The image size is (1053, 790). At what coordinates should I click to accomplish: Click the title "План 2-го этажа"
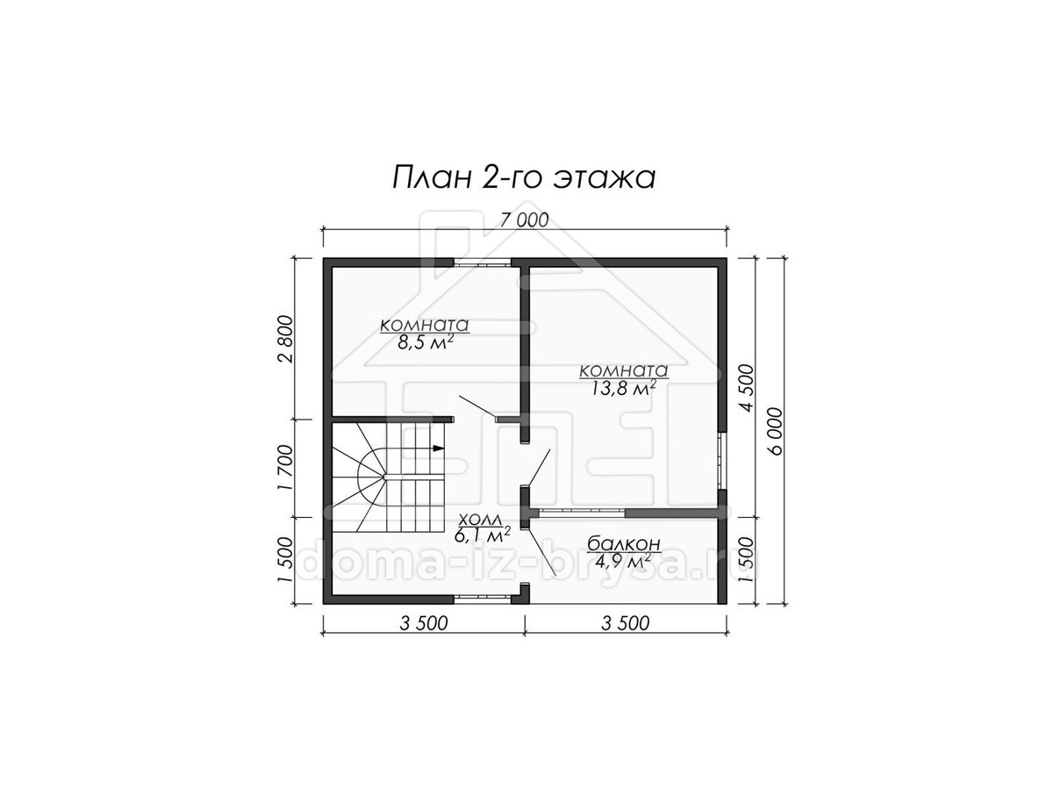(523, 178)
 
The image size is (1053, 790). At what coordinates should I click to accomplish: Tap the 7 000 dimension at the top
(524, 220)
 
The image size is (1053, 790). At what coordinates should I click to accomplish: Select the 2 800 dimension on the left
(285, 339)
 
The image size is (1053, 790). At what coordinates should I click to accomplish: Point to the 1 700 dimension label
(285, 468)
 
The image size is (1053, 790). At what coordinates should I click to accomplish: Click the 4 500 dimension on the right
(747, 388)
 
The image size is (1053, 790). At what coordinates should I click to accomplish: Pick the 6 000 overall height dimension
(775, 431)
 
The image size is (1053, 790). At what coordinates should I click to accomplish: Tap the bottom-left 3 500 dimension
(424, 623)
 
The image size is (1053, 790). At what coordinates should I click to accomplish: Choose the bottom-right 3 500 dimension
(625, 623)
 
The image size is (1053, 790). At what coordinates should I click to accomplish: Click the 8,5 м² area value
(425, 342)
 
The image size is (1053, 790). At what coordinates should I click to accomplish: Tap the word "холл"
(480, 519)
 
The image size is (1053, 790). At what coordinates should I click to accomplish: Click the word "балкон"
(624, 543)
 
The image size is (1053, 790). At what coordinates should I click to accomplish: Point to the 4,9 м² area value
(623, 559)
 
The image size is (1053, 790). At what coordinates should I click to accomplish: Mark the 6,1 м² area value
(482, 535)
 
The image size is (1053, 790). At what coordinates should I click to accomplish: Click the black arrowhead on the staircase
(438, 448)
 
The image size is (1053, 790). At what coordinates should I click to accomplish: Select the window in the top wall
(482, 262)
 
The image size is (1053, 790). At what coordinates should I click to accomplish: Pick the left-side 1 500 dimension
(285, 560)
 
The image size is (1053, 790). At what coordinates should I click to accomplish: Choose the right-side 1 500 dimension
(747, 560)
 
